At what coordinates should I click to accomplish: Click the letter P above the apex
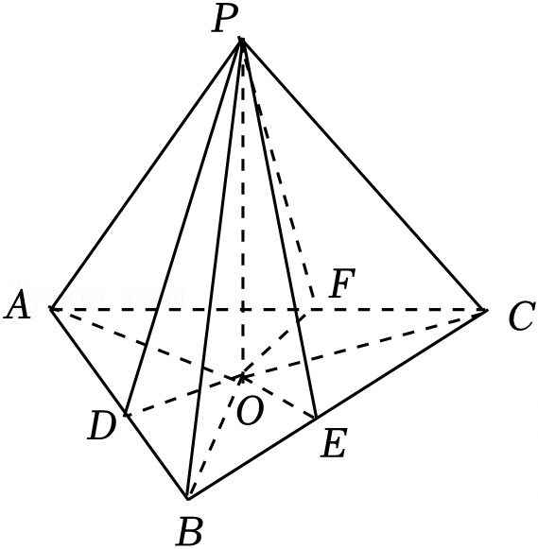pyautogui.click(x=224, y=19)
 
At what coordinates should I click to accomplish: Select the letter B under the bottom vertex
pyautogui.click(x=190, y=531)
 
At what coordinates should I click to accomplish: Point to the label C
pyautogui.click(x=522, y=317)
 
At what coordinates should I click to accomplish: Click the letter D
pyautogui.click(x=101, y=425)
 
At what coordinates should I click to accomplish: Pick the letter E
pyautogui.click(x=334, y=443)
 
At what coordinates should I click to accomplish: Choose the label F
pyautogui.click(x=342, y=283)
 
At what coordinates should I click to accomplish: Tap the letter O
pyautogui.click(x=250, y=411)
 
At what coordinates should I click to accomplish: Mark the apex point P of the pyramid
pyautogui.click(x=241, y=41)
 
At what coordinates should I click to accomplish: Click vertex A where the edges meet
pyautogui.click(x=51, y=309)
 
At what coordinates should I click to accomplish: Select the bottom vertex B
pyautogui.click(x=188, y=498)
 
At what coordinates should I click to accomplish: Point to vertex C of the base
pyautogui.click(x=485, y=310)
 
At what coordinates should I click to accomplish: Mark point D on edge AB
pyautogui.click(x=126, y=415)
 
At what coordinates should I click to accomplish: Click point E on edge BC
pyautogui.click(x=316, y=418)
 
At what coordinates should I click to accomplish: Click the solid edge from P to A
pyautogui.click(x=146, y=175)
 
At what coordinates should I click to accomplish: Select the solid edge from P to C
pyautogui.click(x=363, y=175)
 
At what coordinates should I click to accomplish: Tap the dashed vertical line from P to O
pyautogui.click(x=242, y=208)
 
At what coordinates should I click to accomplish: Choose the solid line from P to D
pyautogui.click(x=183, y=228)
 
